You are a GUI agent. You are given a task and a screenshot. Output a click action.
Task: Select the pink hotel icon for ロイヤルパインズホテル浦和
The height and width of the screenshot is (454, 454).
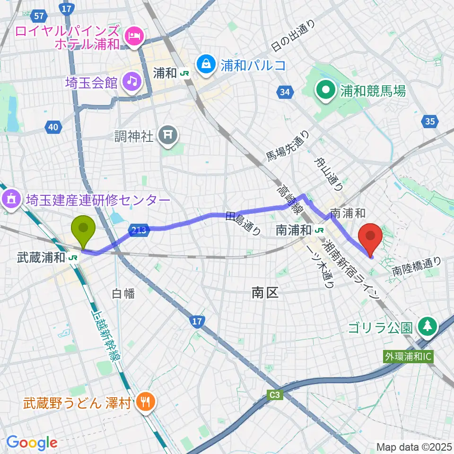[x=134, y=36]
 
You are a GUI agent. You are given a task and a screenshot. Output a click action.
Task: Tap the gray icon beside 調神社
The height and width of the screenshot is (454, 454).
[x=168, y=137]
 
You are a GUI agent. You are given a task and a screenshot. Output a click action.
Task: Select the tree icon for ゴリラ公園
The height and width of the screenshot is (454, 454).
[x=428, y=326]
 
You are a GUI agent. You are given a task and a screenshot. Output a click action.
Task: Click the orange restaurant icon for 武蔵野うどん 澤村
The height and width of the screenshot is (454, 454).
[x=143, y=402]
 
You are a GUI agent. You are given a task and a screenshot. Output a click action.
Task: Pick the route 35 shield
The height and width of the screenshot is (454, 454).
[x=429, y=122]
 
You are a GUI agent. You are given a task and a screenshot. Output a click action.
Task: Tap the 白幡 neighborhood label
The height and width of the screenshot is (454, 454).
[x=123, y=294]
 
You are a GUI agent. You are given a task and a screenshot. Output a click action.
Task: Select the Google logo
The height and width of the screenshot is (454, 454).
[x=32, y=443]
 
